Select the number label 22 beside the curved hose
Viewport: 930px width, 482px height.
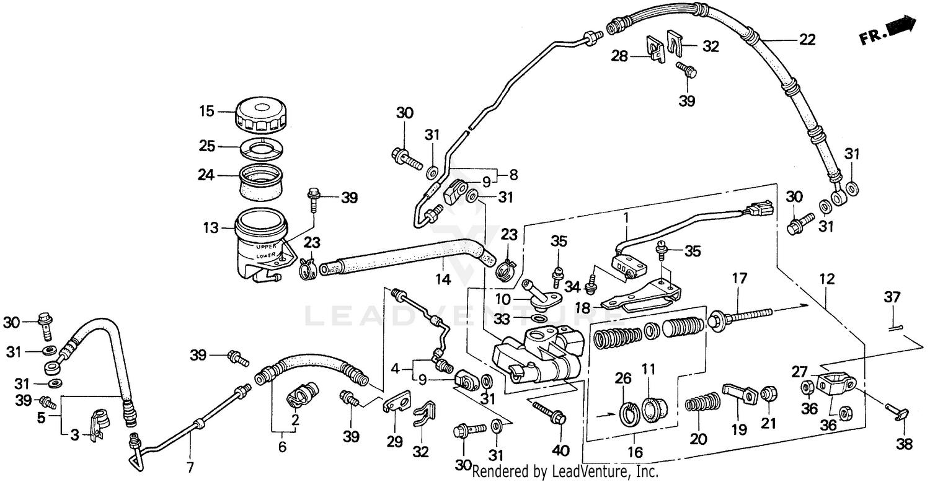[x=807, y=40]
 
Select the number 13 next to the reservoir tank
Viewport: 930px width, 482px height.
[x=211, y=228]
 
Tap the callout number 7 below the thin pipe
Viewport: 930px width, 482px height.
[x=190, y=467]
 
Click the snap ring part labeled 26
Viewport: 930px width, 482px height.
[x=629, y=413]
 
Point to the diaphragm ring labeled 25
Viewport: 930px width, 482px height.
[x=261, y=147]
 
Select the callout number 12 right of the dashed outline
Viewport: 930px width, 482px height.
[x=826, y=279]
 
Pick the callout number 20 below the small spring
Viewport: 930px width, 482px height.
[x=698, y=439]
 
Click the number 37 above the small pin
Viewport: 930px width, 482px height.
[x=891, y=297]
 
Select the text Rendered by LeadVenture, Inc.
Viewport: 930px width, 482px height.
[x=565, y=472]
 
